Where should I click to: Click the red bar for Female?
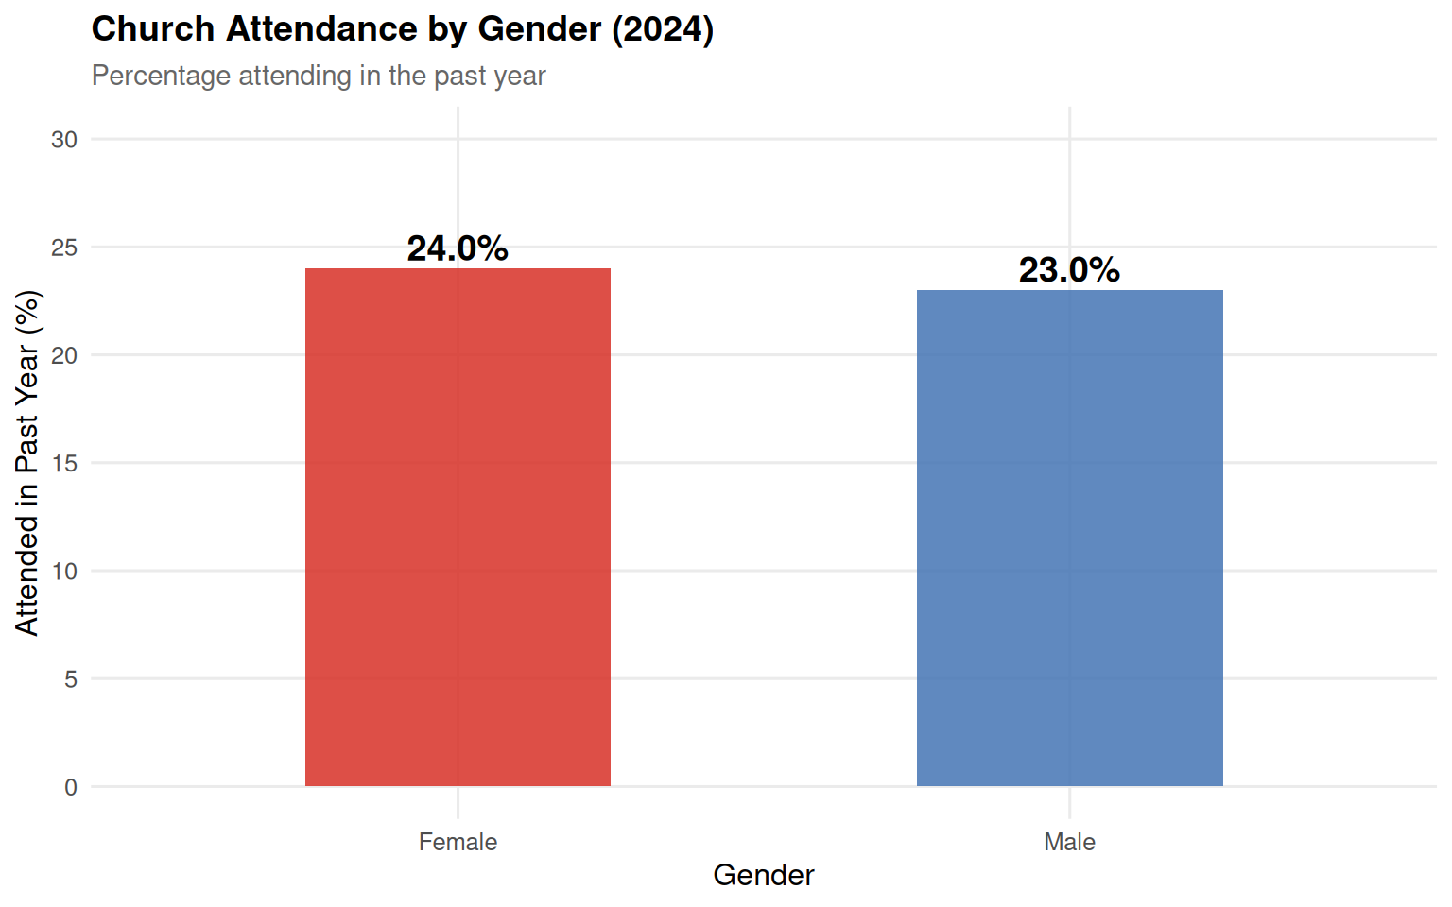[x=458, y=527]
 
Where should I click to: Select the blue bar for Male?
[x=1069, y=538]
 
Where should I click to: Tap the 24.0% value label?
[x=458, y=248]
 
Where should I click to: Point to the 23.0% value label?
[x=1069, y=270]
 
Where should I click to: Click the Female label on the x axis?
[x=458, y=842]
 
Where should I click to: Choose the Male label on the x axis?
[x=1069, y=842]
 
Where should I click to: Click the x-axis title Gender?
[x=763, y=875]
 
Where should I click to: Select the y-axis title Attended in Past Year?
[x=27, y=463]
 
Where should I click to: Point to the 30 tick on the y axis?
[x=64, y=140]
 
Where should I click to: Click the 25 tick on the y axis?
[x=64, y=248]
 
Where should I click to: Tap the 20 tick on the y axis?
[x=64, y=355]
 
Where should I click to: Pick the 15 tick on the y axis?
[x=64, y=463]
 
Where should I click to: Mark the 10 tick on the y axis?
[x=64, y=571]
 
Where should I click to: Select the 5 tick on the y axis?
[x=71, y=678]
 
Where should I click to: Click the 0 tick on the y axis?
[x=71, y=787]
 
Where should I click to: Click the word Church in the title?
[x=153, y=29]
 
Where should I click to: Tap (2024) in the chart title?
[x=663, y=29]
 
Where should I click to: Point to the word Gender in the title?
[x=540, y=29]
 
